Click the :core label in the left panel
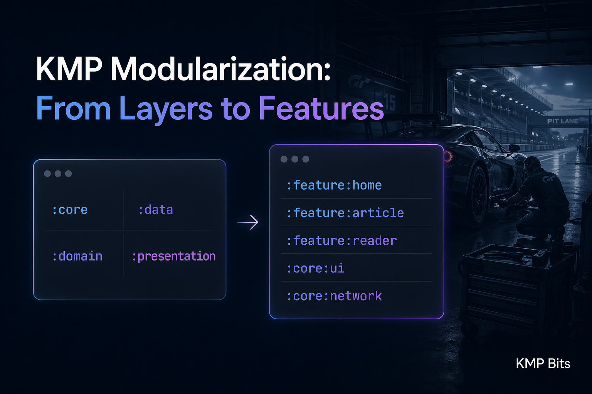70,210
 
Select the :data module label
155,210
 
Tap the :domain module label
77,256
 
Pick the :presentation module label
173,256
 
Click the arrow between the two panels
247,222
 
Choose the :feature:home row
334,185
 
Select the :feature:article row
345,213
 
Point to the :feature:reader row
341,241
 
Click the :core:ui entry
315,269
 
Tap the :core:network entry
334,296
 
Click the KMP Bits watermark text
543,364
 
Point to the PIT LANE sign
562,121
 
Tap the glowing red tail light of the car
448,156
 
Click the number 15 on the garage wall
389,102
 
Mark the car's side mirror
514,148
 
